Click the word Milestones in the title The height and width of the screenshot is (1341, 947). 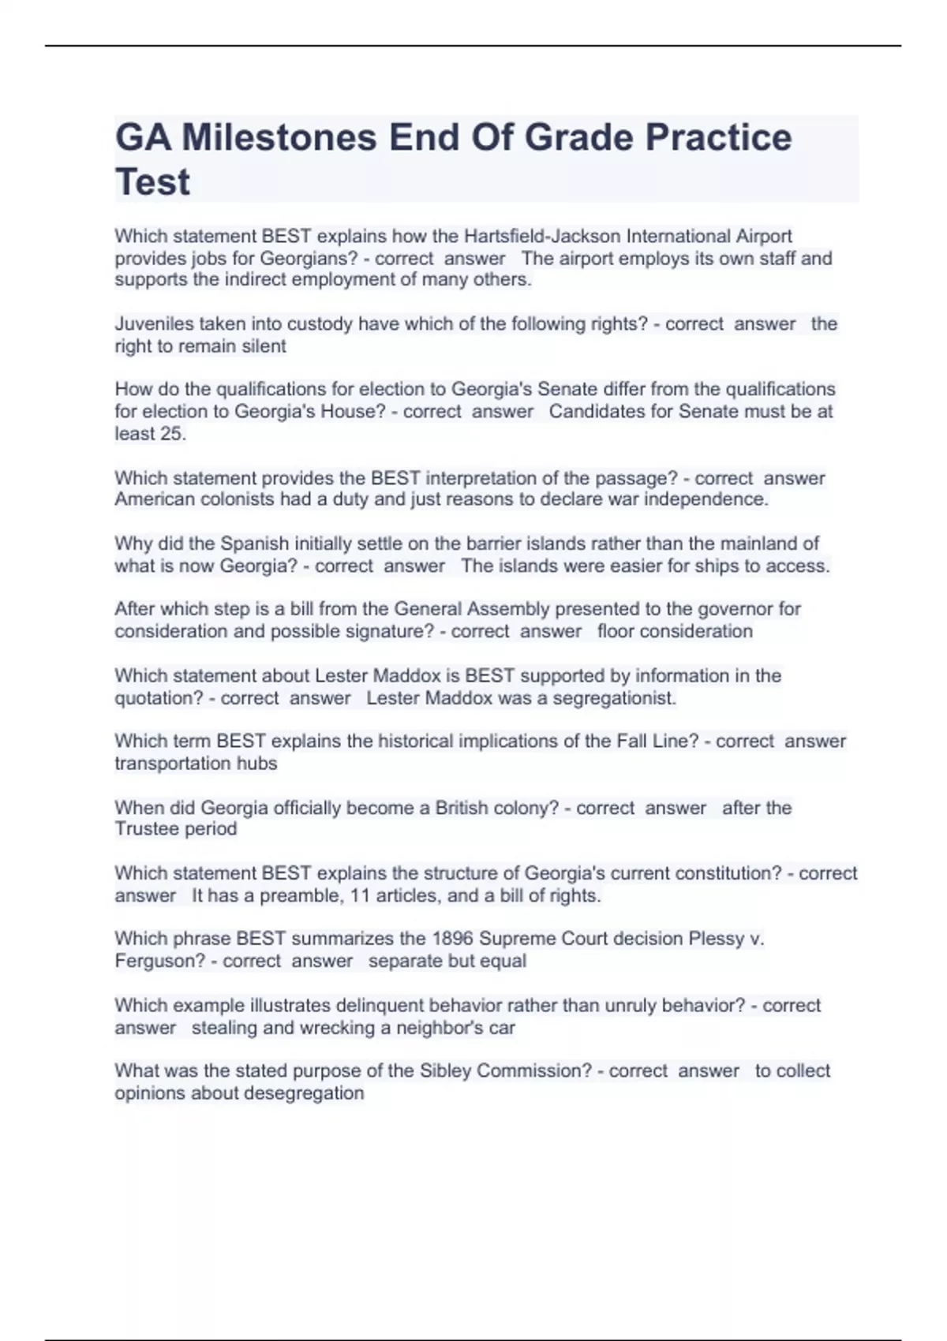pos(279,137)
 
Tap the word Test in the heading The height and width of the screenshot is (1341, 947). pos(152,182)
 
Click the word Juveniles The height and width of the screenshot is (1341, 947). pos(154,323)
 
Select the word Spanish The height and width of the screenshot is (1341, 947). pos(254,543)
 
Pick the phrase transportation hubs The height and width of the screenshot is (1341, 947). pos(196,764)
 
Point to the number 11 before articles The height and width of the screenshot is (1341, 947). pos(360,895)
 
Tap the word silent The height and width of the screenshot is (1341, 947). pos(264,346)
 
